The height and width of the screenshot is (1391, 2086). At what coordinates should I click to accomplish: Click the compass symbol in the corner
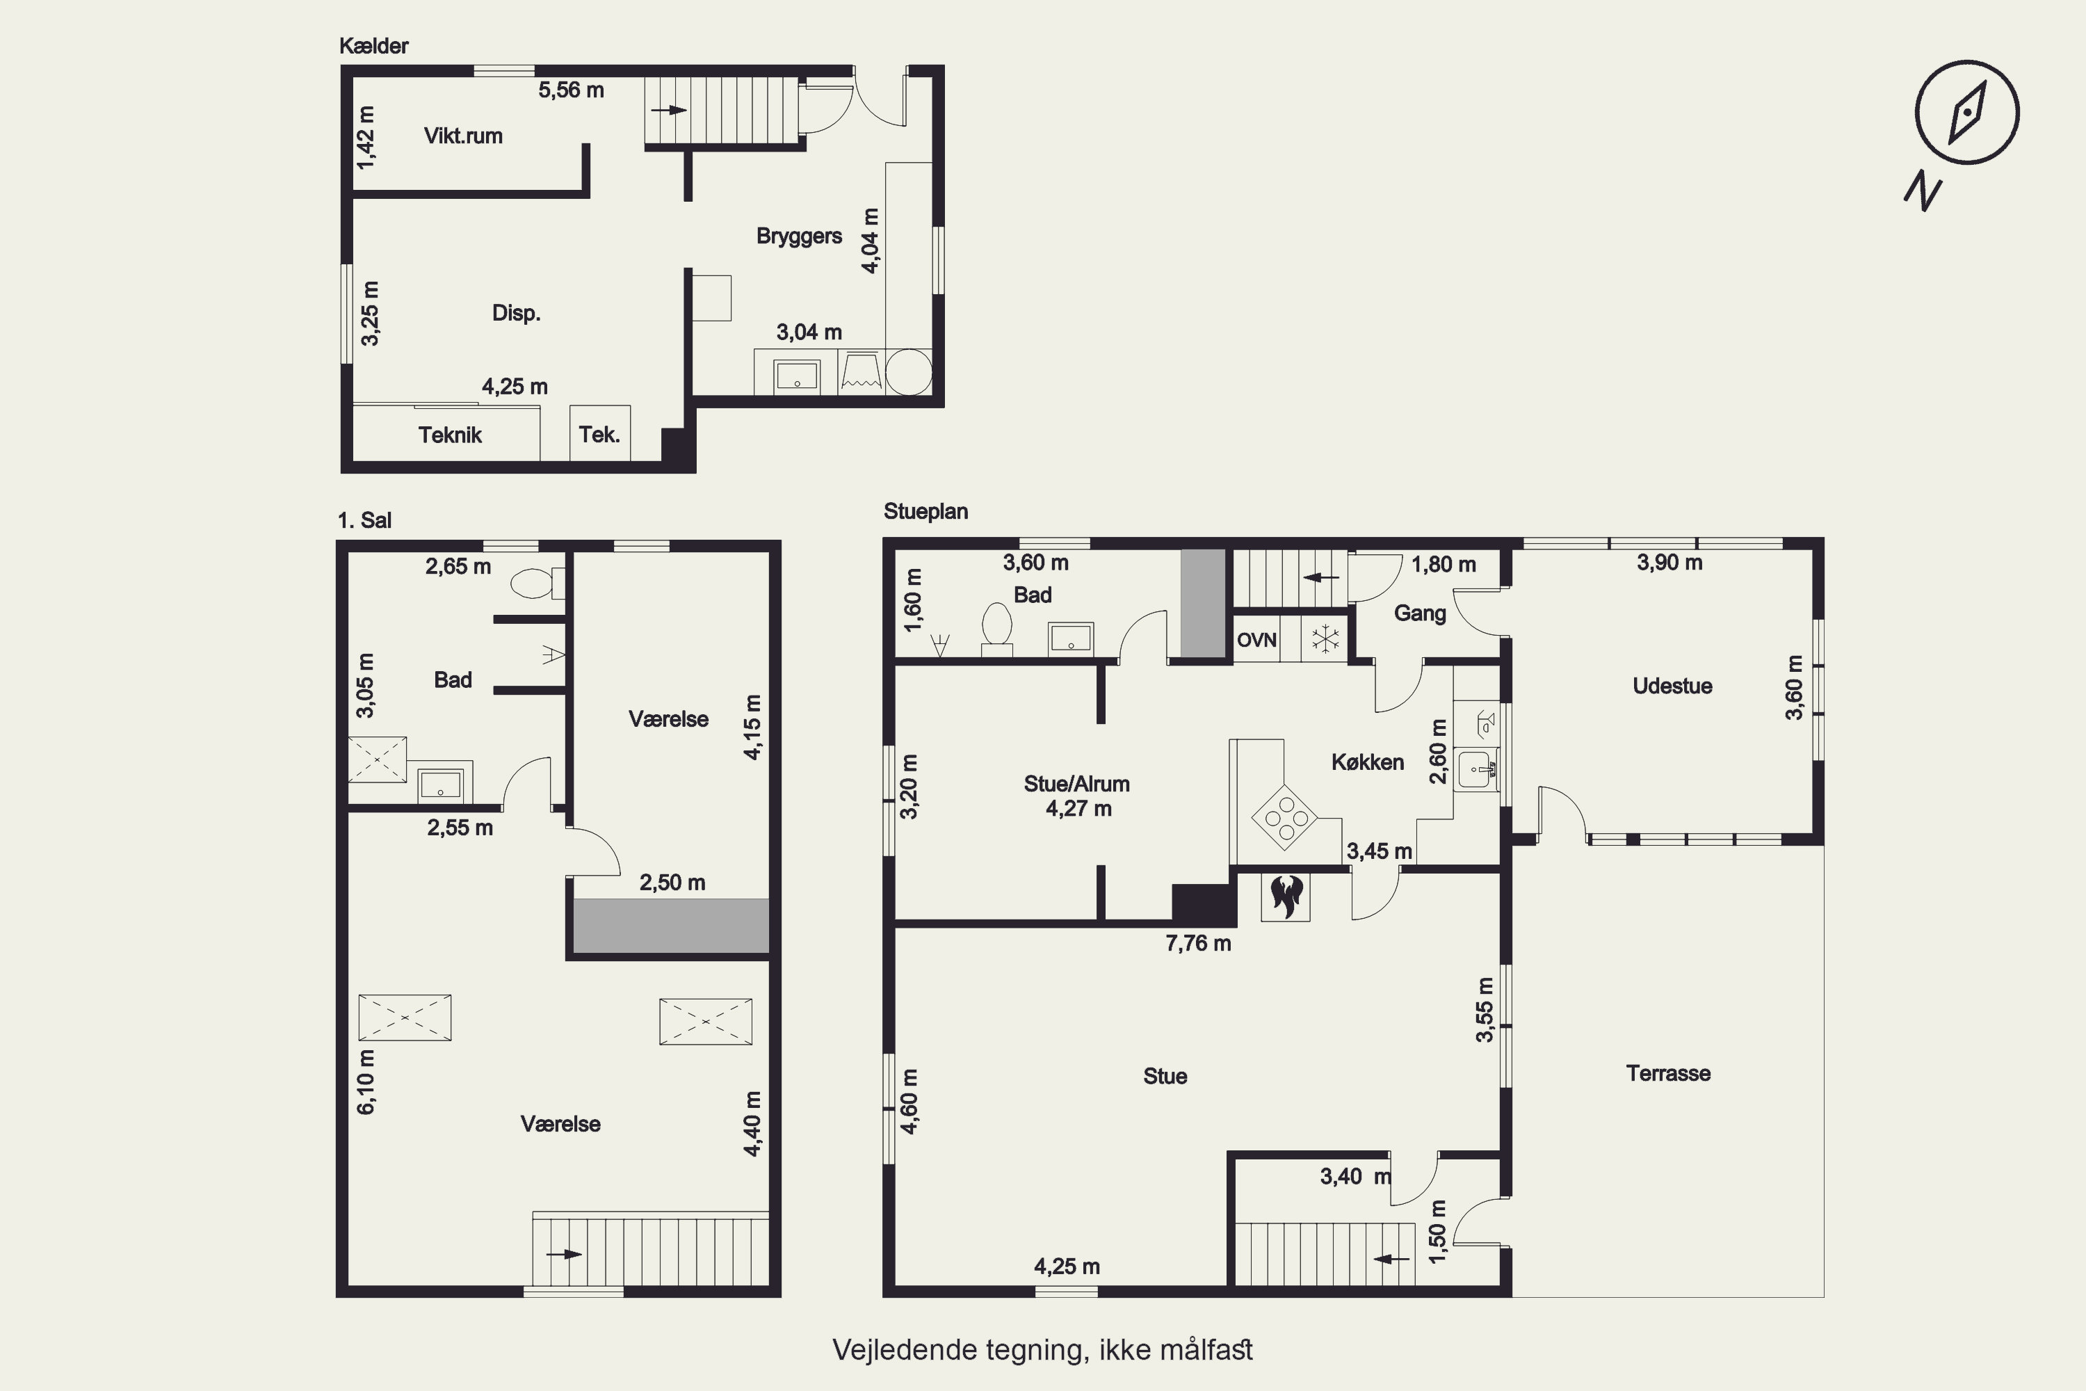click(1966, 113)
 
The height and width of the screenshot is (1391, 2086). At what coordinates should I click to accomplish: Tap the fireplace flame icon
click(1286, 897)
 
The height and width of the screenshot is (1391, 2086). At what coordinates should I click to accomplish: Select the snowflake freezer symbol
click(1325, 638)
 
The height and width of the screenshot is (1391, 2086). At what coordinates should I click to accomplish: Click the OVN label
click(1256, 640)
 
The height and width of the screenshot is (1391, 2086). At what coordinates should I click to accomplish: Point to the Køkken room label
click(1368, 762)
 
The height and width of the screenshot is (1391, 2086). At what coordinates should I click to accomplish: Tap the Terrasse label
click(1668, 1073)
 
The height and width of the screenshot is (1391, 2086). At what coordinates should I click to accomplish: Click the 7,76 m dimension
click(1198, 944)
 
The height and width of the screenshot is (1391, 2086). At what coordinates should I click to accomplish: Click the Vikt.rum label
click(463, 136)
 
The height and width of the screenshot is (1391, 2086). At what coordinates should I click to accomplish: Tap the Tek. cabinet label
click(599, 435)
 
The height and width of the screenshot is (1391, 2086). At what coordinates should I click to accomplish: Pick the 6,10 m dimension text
click(366, 1082)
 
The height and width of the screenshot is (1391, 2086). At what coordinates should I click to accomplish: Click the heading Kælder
click(373, 46)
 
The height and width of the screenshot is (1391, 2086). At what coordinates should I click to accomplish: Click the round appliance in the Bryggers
click(909, 373)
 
